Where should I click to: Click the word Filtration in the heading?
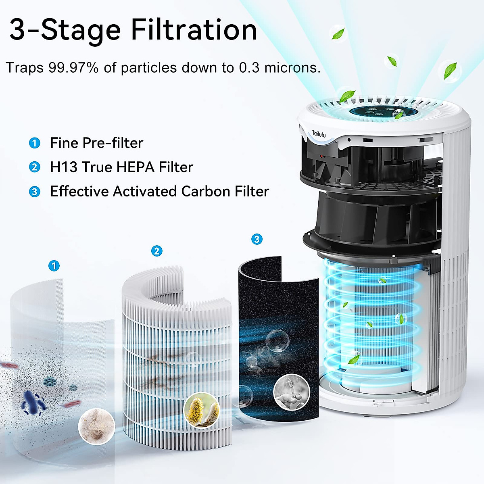coord(194,30)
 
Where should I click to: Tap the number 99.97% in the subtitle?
coord(73,68)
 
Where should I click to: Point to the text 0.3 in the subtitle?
coord(249,68)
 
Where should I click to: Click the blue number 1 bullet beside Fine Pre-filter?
coord(35,143)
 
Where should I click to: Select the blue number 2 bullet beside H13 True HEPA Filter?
coord(35,167)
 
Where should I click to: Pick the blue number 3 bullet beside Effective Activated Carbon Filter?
coord(35,192)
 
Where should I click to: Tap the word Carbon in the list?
coord(206,192)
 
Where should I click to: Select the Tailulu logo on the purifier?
coord(319,134)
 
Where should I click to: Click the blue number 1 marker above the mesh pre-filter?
coord(54,266)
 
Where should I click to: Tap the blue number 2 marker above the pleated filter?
coord(156,251)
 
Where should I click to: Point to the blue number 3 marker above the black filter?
coord(257,239)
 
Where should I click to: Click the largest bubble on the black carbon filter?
coord(277,340)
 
